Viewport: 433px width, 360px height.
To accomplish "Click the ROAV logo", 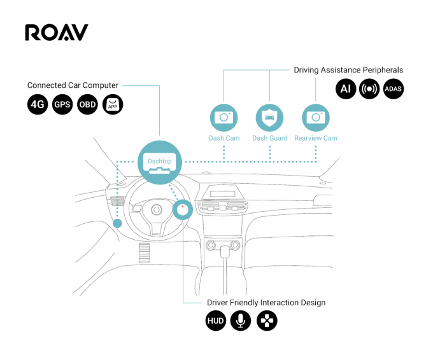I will click(x=56, y=33).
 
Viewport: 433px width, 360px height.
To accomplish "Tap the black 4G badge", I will click(x=38, y=105).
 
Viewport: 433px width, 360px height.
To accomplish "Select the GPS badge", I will click(x=62, y=105).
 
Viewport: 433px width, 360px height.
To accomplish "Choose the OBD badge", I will click(x=87, y=105).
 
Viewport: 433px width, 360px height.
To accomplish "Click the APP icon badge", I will click(x=112, y=105).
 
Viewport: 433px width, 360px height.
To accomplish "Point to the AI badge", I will click(x=346, y=88).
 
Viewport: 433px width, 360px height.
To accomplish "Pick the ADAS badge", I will click(x=394, y=88).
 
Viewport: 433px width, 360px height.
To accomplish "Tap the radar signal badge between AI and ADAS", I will click(x=369, y=88).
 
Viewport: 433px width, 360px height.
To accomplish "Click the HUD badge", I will click(x=216, y=321).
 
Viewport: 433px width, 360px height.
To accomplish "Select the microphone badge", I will click(x=241, y=321).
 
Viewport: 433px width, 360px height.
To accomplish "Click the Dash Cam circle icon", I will click(x=224, y=118).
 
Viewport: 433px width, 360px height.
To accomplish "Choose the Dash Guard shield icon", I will click(x=269, y=118).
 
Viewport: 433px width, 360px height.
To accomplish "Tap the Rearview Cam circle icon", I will click(x=316, y=118).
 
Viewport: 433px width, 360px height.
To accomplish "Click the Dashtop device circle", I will click(x=160, y=162).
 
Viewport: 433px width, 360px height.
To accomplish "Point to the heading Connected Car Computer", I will click(x=73, y=85).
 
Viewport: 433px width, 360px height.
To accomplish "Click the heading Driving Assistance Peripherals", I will click(x=348, y=70).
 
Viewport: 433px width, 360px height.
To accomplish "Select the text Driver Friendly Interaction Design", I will click(x=266, y=303).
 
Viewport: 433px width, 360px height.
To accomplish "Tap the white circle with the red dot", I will click(x=183, y=209).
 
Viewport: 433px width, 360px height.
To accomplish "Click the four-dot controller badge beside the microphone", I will click(x=267, y=321).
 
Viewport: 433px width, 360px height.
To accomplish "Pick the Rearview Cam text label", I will click(x=316, y=138).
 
